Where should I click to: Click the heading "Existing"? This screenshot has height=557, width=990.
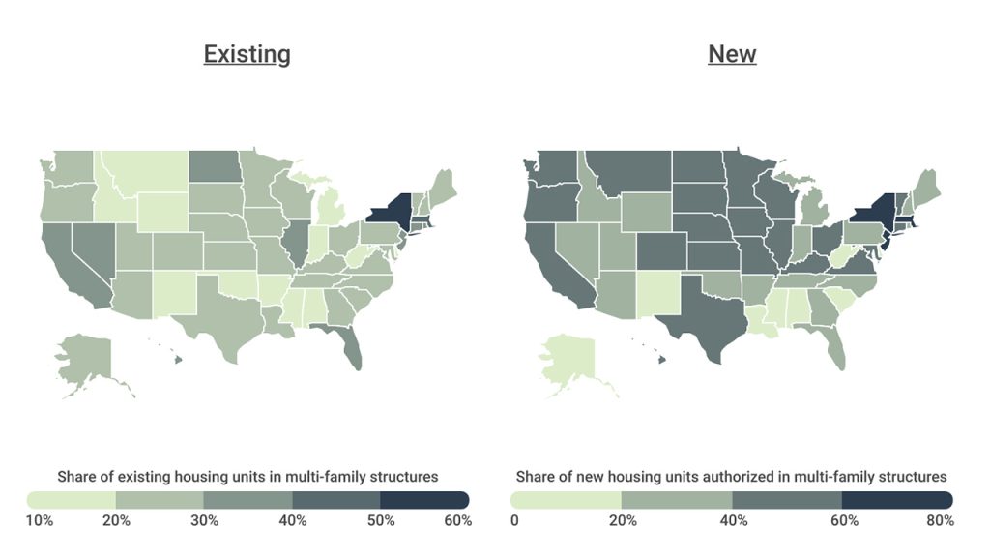pos(247,54)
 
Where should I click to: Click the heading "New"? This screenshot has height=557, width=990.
pos(732,54)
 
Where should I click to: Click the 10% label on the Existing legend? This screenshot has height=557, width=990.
pos(40,521)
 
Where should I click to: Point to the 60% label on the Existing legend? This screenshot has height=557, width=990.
pos(457,521)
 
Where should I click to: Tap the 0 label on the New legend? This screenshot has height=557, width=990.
pos(515,521)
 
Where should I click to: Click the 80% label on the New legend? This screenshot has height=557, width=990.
pos(940,521)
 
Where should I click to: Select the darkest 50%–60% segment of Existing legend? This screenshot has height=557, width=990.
pos(424,500)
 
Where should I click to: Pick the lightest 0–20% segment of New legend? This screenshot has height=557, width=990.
pos(566,500)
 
